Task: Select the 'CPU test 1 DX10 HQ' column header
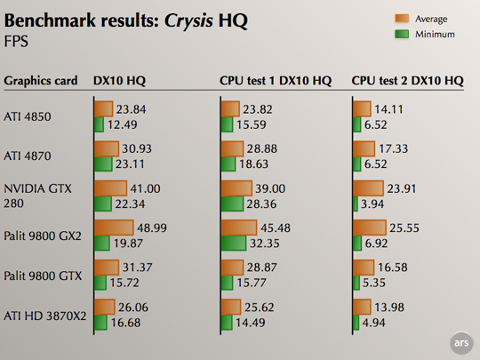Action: (x=276, y=81)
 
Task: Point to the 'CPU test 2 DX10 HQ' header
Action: (x=407, y=81)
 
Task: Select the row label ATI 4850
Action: (x=28, y=116)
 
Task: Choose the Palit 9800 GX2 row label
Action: (x=43, y=235)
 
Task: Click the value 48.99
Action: (x=151, y=228)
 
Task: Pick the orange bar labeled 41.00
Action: (x=110, y=188)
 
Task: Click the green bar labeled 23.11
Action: (x=103, y=164)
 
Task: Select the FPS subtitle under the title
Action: (x=16, y=41)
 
